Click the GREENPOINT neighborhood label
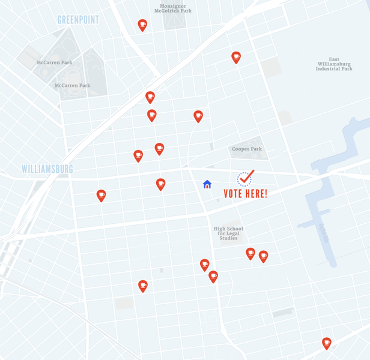(x=78, y=20)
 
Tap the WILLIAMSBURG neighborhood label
(x=47, y=169)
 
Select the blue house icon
(x=207, y=184)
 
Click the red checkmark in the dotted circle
(x=246, y=177)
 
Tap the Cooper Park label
(x=247, y=149)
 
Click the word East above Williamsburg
(x=334, y=59)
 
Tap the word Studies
(x=228, y=238)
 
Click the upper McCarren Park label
(x=54, y=62)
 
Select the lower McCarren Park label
(x=72, y=85)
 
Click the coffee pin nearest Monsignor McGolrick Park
(x=142, y=25)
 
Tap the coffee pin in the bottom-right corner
(x=327, y=343)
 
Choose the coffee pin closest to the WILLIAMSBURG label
(x=101, y=195)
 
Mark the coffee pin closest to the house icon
(x=160, y=184)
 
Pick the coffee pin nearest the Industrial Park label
(x=236, y=57)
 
